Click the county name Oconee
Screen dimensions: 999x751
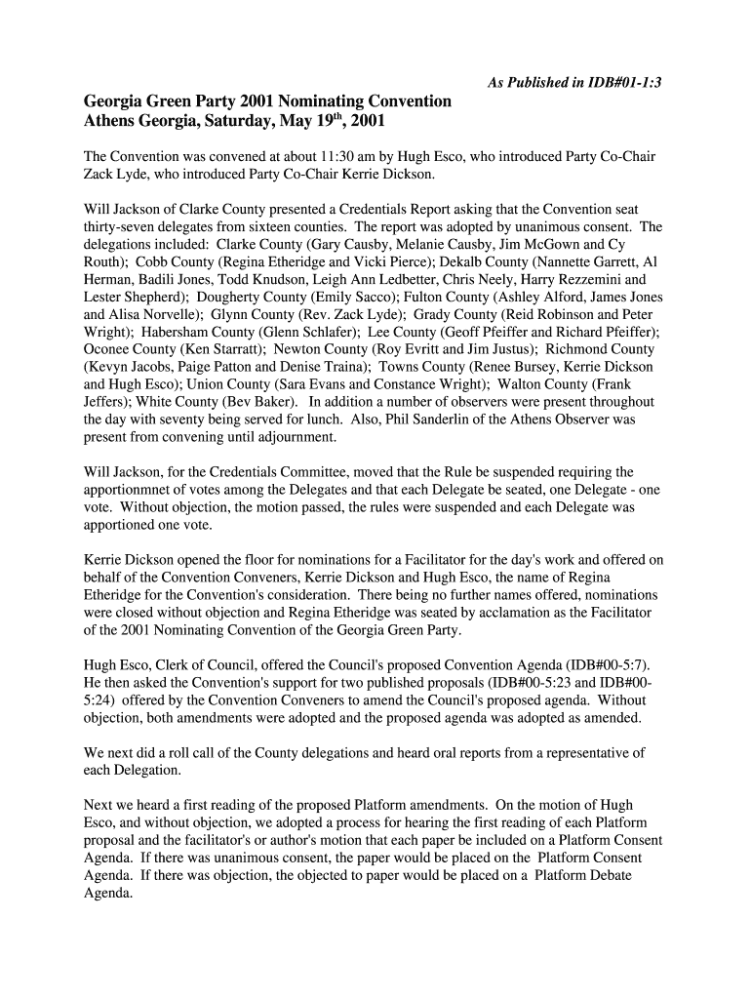pyautogui.click(x=110, y=349)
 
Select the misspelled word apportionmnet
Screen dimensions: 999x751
pyautogui.click(x=130, y=490)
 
